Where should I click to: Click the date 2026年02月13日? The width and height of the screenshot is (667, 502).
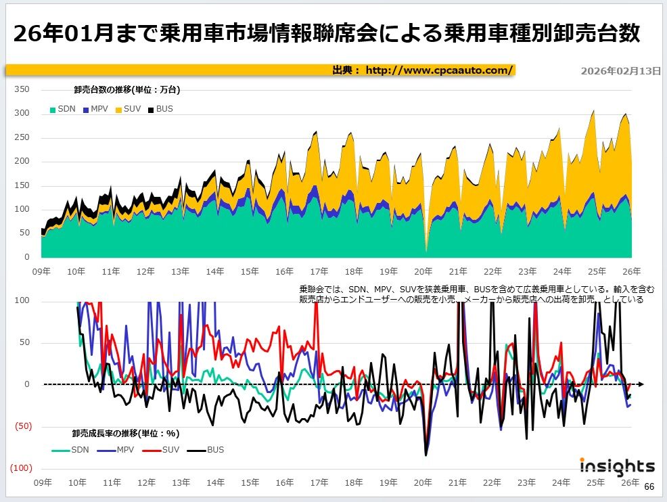coord(620,70)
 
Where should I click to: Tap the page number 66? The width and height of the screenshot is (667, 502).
coord(649,487)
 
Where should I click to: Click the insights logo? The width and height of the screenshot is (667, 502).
coord(617,466)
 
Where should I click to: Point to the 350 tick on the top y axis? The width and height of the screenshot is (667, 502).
coord(22,89)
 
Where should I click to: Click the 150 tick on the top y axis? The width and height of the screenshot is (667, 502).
coord(22,185)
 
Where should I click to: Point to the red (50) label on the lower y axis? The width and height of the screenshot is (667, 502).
coord(22,427)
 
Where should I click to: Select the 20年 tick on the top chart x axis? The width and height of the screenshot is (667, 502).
coord(423,271)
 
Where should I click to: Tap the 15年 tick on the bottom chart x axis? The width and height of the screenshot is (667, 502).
coord(250,482)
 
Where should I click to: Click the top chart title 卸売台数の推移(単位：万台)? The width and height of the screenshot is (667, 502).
coord(127,89)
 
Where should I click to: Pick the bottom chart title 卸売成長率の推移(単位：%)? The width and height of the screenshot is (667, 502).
coord(126,433)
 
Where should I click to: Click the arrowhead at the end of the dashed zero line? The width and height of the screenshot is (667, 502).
coord(640,384)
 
